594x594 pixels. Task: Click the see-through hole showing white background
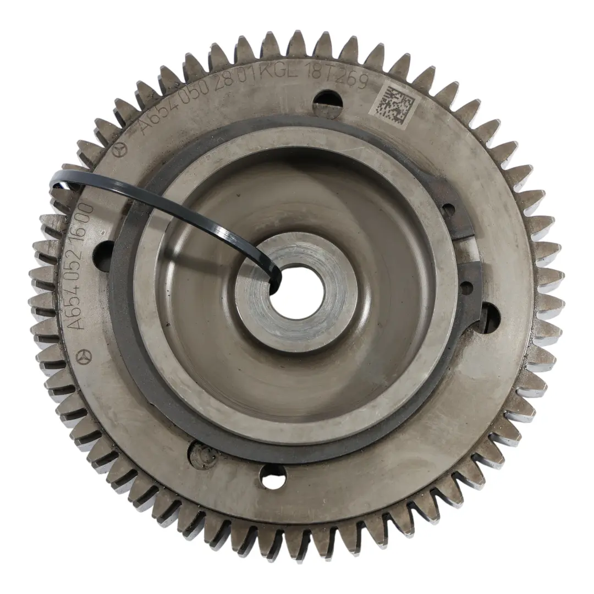273,476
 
